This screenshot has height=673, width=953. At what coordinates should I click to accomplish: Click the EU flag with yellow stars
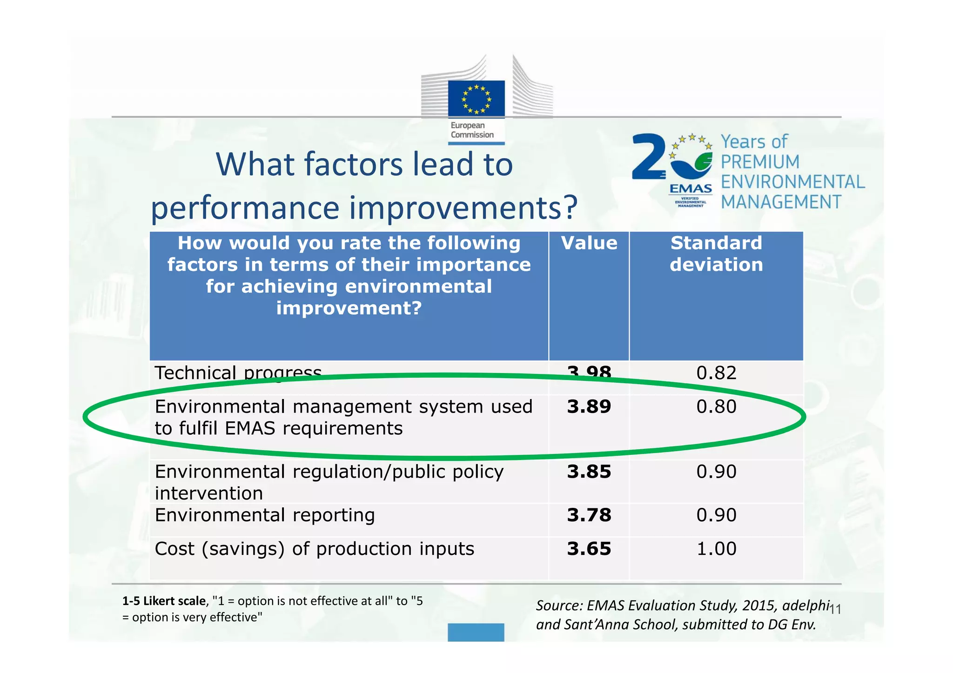tap(476, 99)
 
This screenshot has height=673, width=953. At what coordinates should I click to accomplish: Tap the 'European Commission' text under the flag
tap(472, 130)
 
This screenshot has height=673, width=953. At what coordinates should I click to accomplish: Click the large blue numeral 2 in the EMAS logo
tap(648, 157)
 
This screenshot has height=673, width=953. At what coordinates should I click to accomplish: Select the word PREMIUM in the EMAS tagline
tap(760, 162)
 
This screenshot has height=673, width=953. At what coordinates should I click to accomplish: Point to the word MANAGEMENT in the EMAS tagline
tap(781, 202)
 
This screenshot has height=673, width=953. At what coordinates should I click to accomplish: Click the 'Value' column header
tap(589, 243)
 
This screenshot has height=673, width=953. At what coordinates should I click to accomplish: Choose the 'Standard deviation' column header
tap(716, 254)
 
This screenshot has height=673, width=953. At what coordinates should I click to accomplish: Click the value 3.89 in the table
tap(589, 407)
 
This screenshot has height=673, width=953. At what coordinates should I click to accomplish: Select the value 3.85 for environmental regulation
tap(589, 472)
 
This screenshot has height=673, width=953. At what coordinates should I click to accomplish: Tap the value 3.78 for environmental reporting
tap(589, 515)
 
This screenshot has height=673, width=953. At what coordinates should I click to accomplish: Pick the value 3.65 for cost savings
tap(589, 549)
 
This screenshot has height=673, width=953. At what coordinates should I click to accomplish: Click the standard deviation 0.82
tap(716, 373)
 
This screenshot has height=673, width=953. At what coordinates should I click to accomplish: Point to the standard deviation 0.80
tap(716, 407)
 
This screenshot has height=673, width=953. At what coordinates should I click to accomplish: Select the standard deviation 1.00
tap(716, 549)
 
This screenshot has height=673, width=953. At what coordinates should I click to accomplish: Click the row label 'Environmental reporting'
tap(264, 515)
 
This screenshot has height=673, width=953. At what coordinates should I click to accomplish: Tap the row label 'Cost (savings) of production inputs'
tap(314, 549)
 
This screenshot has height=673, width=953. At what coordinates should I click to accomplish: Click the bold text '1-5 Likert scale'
tap(163, 601)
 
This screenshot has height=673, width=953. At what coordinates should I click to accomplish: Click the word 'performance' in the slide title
tap(245, 207)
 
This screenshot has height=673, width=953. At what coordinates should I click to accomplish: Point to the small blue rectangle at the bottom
tap(476, 633)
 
